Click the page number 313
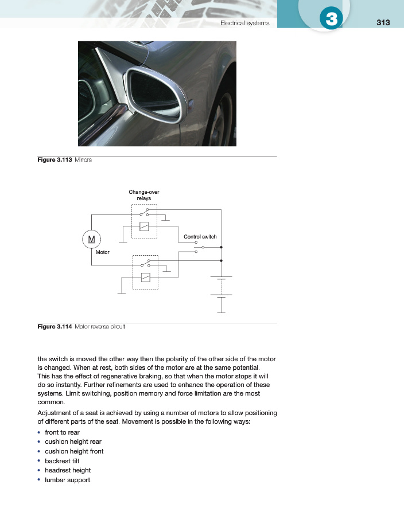[383, 22]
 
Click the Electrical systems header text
[245, 23]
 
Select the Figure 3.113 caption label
[55, 160]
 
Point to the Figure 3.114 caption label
[55, 327]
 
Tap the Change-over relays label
[140, 195]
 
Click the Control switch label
[200, 236]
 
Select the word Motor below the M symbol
[103, 252]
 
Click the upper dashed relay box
[145, 221]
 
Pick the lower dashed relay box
[145, 272]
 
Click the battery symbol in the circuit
[221, 287]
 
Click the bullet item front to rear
[62, 432]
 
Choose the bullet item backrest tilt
[63, 461]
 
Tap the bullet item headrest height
[68, 470]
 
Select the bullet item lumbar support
[68, 479]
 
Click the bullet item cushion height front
[74, 451]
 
